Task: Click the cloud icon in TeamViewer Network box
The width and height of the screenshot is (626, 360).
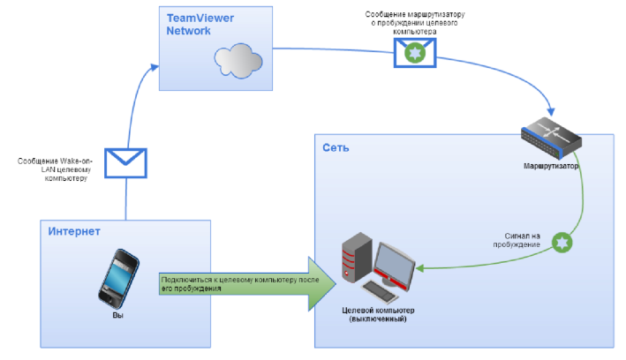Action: tap(238, 60)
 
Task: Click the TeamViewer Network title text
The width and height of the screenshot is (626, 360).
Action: tap(200, 25)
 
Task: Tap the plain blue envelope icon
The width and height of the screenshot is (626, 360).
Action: tap(125, 163)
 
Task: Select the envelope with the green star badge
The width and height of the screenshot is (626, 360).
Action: tap(415, 53)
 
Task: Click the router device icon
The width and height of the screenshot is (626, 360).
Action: tap(551, 138)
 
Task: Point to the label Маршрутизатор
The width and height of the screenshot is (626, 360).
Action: tap(551, 166)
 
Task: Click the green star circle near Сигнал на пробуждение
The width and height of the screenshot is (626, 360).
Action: tap(562, 243)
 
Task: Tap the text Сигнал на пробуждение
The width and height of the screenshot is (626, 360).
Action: tap(517, 240)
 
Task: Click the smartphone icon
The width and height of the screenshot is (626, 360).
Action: tap(118, 279)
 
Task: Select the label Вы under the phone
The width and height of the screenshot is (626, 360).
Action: tap(117, 315)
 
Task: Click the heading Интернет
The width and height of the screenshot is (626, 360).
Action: tap(74, 231)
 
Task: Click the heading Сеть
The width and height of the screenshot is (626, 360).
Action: tap(336, 148)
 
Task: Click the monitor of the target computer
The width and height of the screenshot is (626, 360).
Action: tap(394, 264)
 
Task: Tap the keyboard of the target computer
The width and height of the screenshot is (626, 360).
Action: tap(380, 293)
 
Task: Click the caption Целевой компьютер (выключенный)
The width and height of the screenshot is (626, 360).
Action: tap(378, 315)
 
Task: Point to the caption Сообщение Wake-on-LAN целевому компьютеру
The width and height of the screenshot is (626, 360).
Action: tap(55, 169)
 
